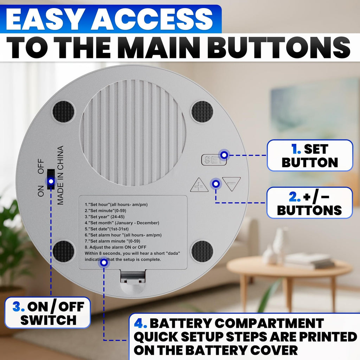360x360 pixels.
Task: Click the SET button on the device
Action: pos(213,160)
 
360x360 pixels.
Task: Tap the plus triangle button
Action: pos(199,185)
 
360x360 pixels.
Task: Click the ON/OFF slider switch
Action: pos(51,179)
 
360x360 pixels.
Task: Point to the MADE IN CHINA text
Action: pos(60,175)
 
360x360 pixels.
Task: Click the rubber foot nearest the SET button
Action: pos(202,112)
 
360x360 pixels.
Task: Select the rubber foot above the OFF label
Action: pos(63,112)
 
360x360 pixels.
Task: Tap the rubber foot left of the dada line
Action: pos(63,251)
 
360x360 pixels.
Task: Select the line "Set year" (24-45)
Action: pos(105,217)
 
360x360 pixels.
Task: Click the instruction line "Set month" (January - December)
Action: pos(122,223)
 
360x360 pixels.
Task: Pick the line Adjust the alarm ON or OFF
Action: pos(115,247)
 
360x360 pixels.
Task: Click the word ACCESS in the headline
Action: pos(152,19)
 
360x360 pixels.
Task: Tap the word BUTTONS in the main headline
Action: pos(279,47)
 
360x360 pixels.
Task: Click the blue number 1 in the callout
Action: pos(296,149)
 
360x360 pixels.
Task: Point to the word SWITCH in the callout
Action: pos(48,320)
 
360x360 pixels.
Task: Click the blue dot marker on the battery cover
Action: pos(104,262)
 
